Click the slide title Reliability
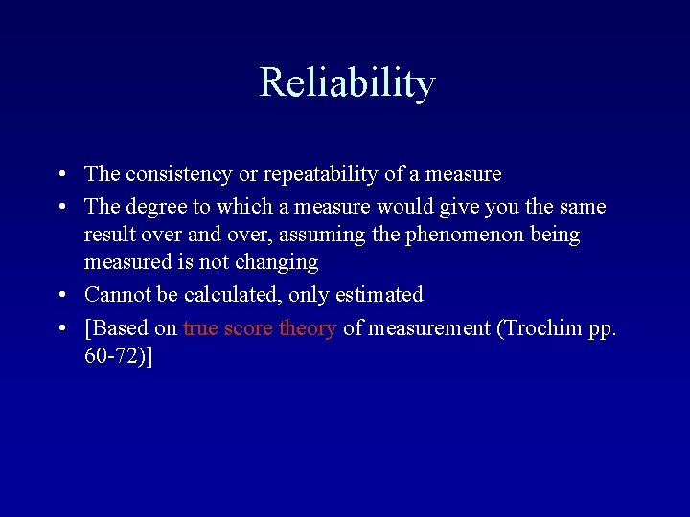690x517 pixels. [x=347, y=82]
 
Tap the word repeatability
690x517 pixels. [x=321, y=174]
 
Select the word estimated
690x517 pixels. [x=379, y=295]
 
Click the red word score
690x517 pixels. [x=249, y=328]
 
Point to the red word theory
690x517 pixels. [x=308, y=328]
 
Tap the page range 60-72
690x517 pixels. [x=111, y=357]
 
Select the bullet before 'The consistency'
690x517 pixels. [x=60, y=175]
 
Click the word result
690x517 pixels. [x=109, y=235]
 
